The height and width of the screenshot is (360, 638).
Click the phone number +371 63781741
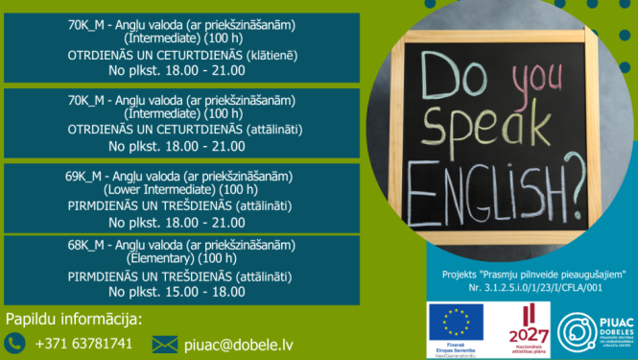83,343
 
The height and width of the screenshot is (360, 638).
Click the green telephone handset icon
14,343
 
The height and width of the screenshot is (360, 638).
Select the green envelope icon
165,343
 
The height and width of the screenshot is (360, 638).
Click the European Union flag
456,323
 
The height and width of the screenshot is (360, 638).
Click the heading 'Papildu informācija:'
74,319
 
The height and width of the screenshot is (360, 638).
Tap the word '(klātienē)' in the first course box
272,56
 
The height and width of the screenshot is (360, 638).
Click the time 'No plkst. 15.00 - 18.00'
177,291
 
